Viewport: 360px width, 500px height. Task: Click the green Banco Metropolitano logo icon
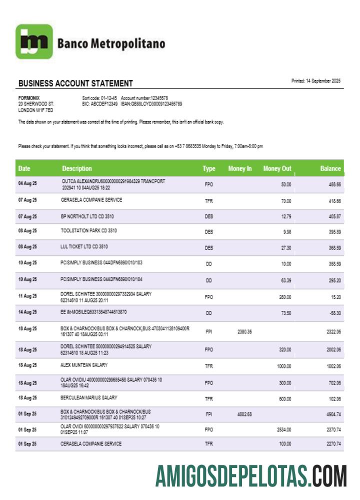click(34, 42)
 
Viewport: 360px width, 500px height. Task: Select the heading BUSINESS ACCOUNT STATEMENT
click(75, 83)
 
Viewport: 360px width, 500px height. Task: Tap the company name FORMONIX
click(29, 98)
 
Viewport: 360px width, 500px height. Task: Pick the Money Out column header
click(277, 169)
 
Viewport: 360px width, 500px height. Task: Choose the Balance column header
click(330, 169)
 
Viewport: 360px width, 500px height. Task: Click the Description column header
click(77, 169)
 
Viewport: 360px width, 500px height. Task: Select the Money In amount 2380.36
click(244, 332)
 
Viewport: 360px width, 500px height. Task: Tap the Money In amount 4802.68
click(244, 414)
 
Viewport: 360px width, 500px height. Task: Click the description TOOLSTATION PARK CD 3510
click(88, 231)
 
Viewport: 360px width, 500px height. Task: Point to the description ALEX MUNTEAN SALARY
click(83, 365)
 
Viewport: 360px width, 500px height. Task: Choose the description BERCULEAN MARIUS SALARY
click(88, 398)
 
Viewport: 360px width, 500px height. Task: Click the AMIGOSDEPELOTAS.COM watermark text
click(250, 475)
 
